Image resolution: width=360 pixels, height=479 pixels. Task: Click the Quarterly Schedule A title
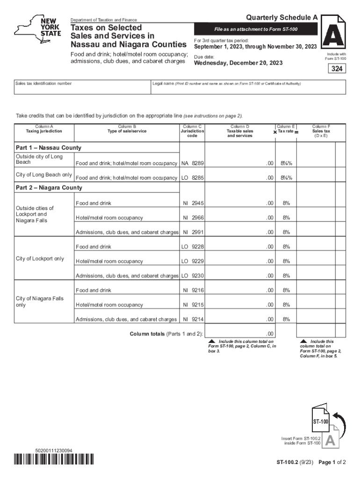(282, 17)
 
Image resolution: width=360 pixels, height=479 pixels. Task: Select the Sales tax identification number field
(82, 87)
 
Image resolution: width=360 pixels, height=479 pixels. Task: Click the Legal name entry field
(248, 87)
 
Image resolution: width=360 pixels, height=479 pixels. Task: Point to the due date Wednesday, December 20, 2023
(238, 63)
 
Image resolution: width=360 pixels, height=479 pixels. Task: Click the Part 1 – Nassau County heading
(49, 148)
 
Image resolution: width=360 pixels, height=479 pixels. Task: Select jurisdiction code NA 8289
(192, 164)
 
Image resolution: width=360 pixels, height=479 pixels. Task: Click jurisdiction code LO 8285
(192, 178)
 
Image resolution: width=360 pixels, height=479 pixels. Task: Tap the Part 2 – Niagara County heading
(49, 188)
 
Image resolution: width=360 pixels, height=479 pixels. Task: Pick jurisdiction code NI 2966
(193, 218)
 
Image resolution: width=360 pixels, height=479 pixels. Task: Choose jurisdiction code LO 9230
(192, 276)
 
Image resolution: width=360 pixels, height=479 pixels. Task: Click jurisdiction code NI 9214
(193, 319)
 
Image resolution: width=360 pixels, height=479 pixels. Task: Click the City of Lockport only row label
(40, 259)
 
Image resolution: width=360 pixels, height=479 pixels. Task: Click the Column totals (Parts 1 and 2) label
(166, 334)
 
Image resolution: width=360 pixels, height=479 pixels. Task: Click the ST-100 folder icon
(322, 422)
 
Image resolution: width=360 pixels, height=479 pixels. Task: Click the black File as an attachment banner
(256, 29)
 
